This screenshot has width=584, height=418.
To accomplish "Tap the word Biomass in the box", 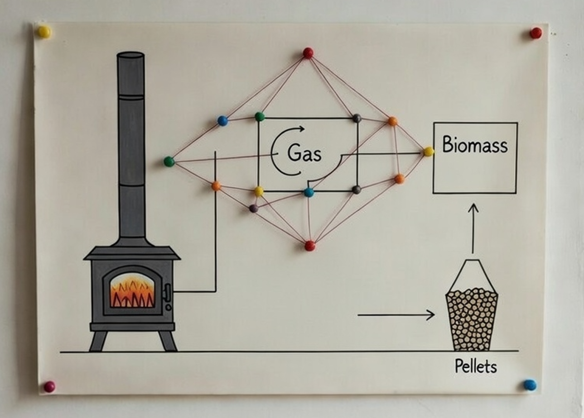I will tap(474, 146).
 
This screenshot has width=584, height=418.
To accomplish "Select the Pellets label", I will tap(475, 366).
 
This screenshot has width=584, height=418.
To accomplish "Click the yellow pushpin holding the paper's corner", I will tap(44, 32).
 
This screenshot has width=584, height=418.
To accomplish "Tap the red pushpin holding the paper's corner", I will tap(536, 33).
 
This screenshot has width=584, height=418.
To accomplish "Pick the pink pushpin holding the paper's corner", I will tap(49, 386).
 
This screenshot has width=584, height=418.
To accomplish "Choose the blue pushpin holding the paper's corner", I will tap(530, 385).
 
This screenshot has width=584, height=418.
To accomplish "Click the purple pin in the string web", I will tap(254, 208).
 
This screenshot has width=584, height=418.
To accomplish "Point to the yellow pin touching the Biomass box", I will tap(428, 152).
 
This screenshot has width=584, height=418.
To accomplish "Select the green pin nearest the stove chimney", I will tap(169, 161).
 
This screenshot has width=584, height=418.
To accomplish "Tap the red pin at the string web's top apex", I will tap(308, 53).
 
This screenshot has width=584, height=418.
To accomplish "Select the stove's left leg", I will tap(98, 341).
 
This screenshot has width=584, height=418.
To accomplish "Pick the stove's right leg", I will tap(167, 341).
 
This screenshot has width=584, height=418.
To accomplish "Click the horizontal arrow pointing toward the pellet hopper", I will tap(396, 315).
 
